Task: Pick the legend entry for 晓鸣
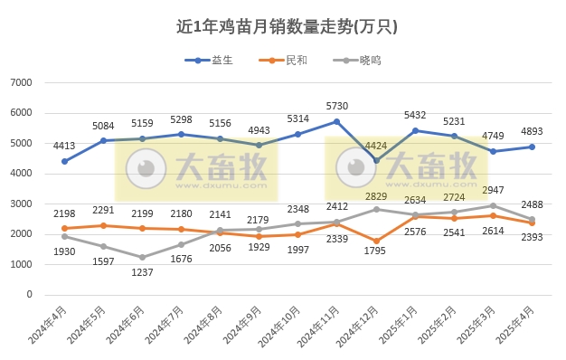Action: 358,62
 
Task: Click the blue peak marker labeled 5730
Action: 336,121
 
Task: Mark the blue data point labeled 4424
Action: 376,161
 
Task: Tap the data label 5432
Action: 414,116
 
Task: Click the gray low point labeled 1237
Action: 142,258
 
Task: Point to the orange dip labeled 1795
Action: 376,241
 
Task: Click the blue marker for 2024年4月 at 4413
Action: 64,162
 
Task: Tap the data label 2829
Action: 375,195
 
